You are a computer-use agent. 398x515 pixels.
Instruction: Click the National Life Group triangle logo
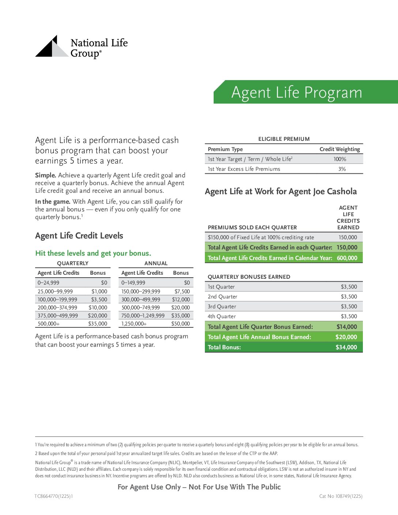(x=52, y=47)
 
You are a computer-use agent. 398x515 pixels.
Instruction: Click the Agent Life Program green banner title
(x=297, y=92)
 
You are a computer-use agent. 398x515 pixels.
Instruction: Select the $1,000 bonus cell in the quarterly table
(x=99, y=292)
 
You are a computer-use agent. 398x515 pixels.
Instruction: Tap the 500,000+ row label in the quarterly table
(x=49, y=324)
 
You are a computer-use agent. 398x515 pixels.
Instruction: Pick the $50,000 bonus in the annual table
(x=180, y=324)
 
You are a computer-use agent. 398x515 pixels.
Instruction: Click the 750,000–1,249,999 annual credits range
(x=143, y=316)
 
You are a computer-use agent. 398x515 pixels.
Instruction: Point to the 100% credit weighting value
(x=339, y=159)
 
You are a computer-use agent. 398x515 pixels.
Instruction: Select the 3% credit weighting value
(x=342, y=169)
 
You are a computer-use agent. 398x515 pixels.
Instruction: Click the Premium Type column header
(x=225, y=149)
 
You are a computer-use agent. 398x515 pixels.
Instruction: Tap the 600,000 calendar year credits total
(x=347, y=258)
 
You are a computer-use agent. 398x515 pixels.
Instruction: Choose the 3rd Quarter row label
(x=222, y=307)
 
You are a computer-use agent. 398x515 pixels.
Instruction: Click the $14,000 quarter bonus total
(x=346, y=327)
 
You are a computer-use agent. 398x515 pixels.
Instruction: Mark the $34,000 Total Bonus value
(x=346, y=347)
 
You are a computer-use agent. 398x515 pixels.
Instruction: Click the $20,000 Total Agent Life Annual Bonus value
(x=346, y=337)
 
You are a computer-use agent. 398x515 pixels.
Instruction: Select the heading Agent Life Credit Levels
(x=79, y=236)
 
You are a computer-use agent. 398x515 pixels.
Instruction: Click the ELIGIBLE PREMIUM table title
(x=284, y=139)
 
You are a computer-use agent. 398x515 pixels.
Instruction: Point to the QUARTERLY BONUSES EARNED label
(x=249, y=277)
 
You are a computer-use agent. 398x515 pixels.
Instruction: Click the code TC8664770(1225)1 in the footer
(x=54, y=496)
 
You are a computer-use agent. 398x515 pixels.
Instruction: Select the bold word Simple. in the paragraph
(x=45, y=175)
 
